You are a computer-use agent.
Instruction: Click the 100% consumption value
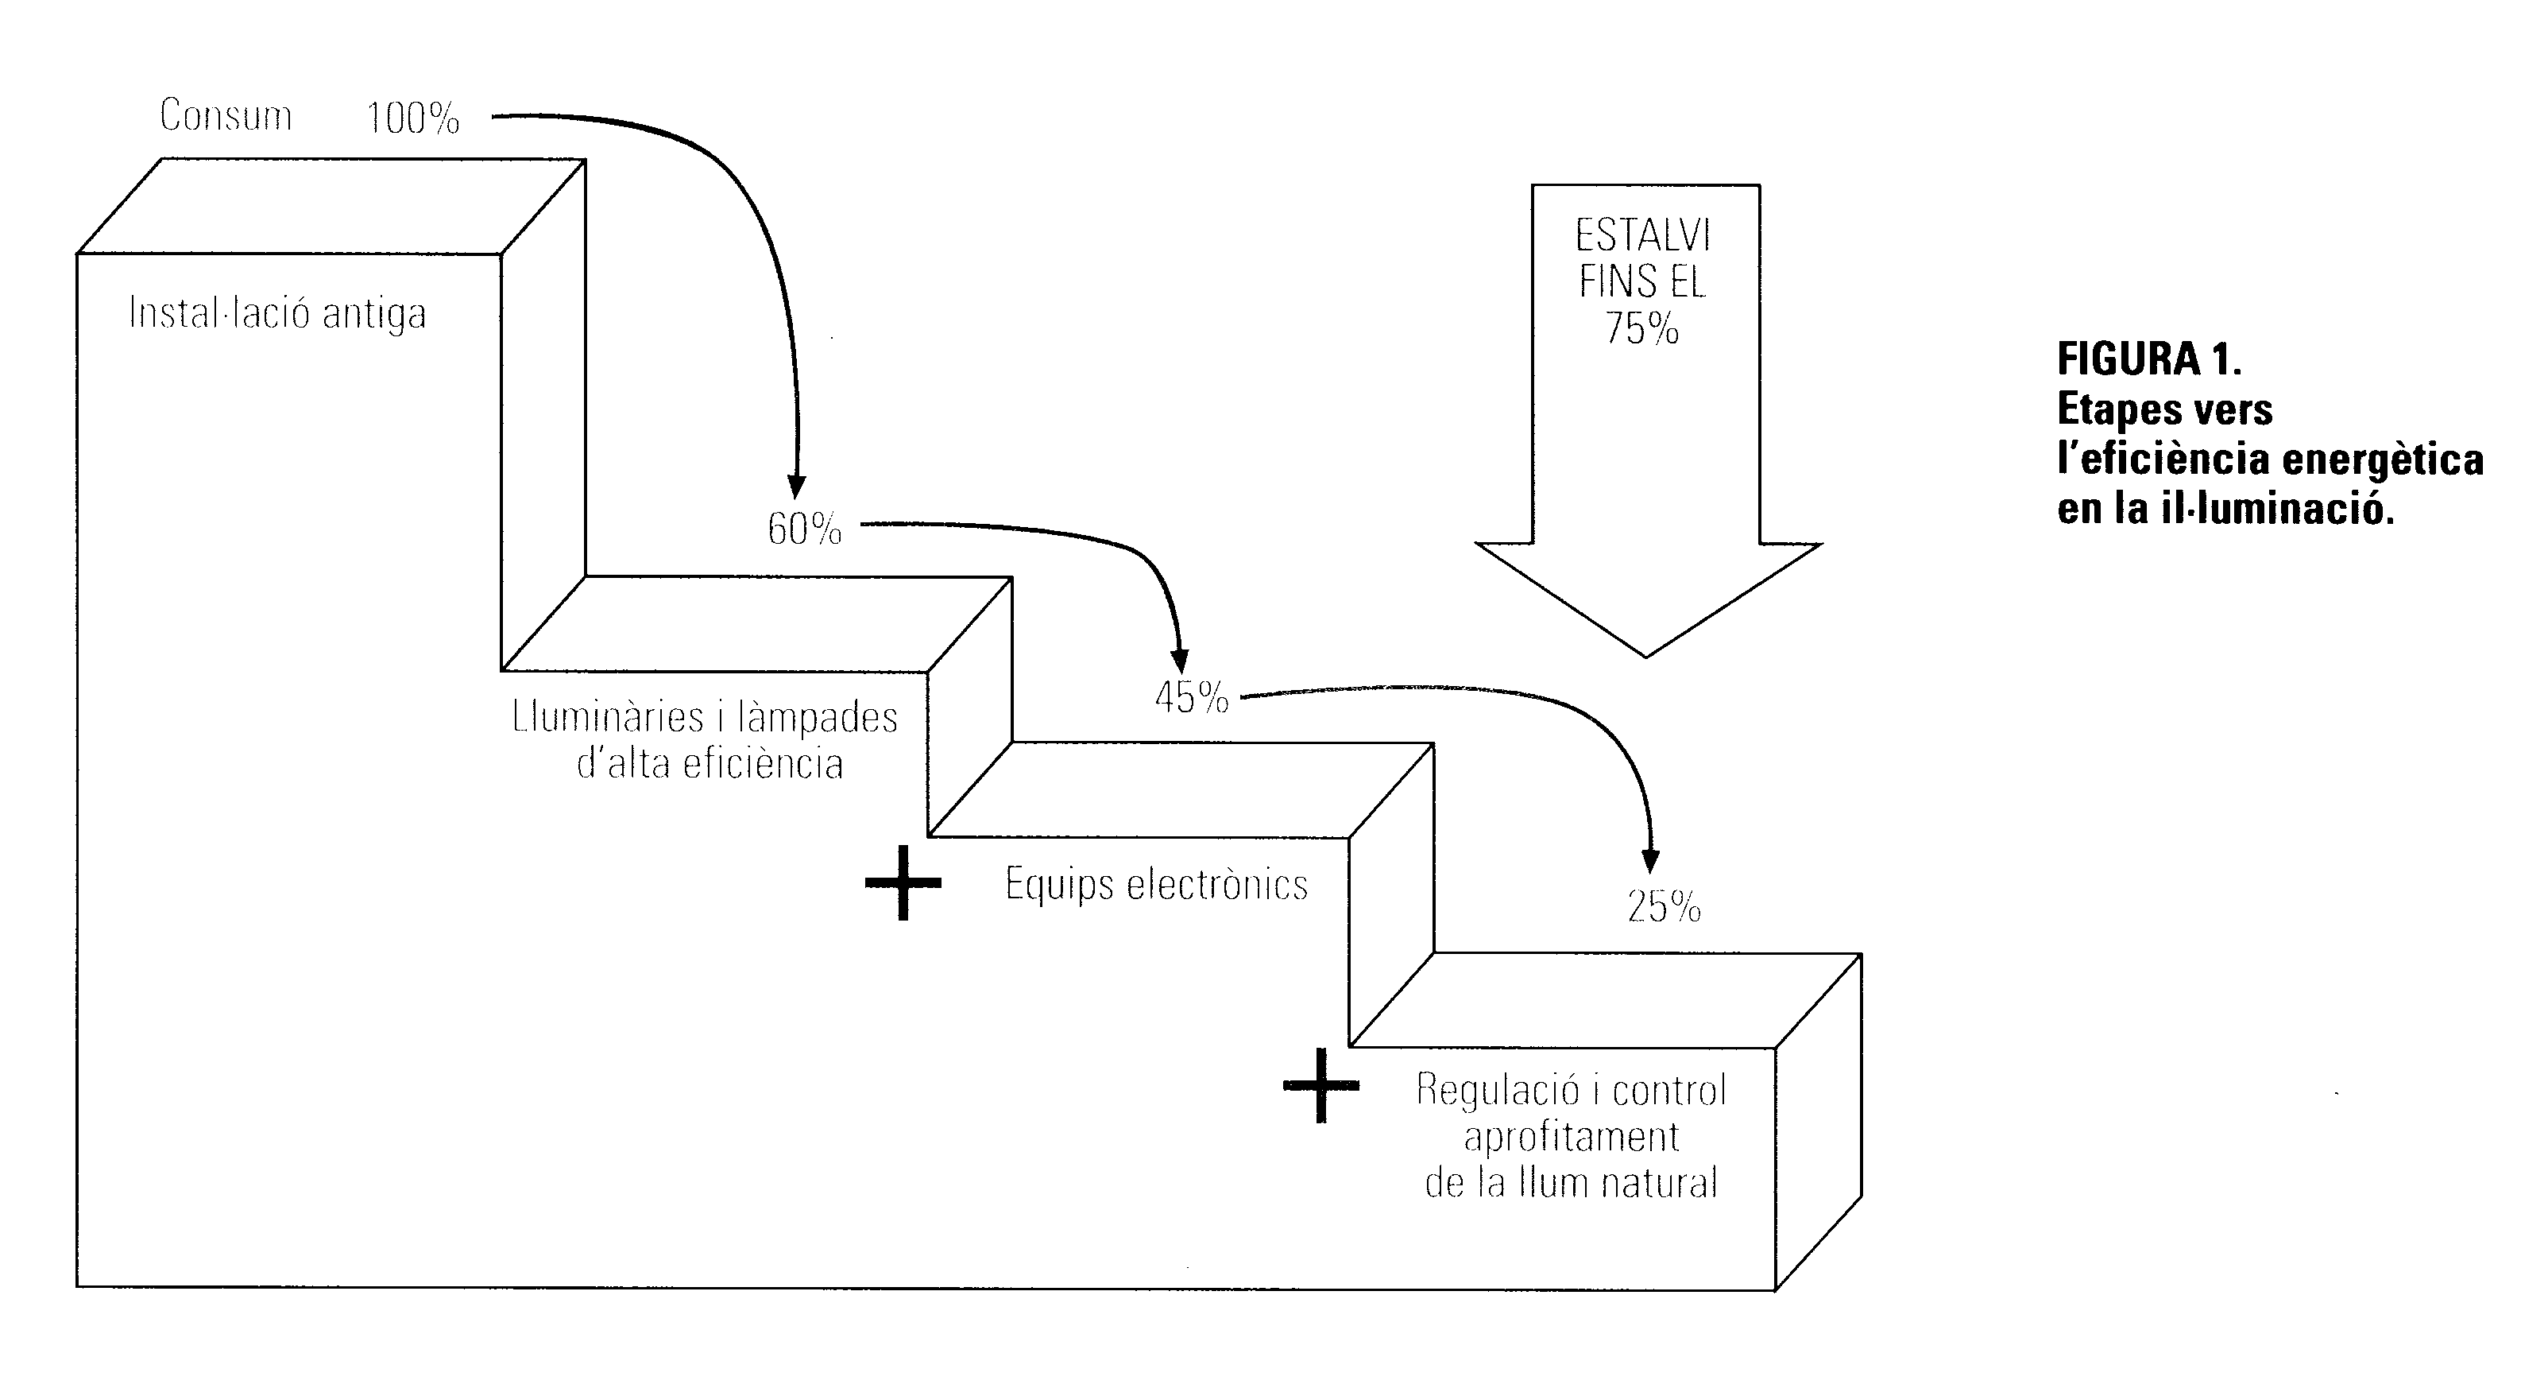click(x=413, y=118)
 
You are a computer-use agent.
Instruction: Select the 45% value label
click(x=1191, y=698)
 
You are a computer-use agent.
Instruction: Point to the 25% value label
click(x=1664, y=907)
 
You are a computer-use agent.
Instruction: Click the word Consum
click(x=226, y=115)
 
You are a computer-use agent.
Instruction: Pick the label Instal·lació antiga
click(x=278, y=314)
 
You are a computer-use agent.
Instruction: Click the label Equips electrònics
click(x=1156, y=885)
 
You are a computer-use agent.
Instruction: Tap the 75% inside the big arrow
click(x=1642, y=329)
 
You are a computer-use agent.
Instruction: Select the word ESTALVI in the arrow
click(x=1642, y=236)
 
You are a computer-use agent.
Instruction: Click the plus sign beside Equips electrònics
click(x=903, y=883)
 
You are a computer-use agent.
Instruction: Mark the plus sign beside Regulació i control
click(x=1321, y=1084)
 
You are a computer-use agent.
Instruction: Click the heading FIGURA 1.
click(x=2149, y=359)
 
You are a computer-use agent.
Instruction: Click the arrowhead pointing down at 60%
click(x=797, y=487)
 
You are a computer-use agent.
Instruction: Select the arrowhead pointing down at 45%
click(x=1180, y=661)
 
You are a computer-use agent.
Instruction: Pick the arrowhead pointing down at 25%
click(x=1650, y=862)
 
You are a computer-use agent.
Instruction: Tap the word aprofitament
click(x=1571, y=1137)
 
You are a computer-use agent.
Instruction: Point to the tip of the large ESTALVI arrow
click(x=1646, y=654)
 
